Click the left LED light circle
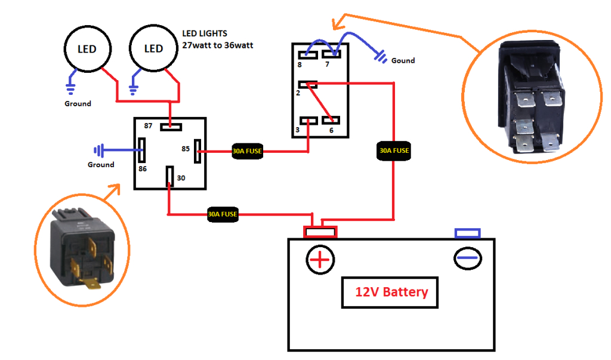point(87,49)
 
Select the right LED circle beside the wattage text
point(153,49)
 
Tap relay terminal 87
point(171,126)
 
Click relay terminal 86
point(142,150)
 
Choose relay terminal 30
point(169,176)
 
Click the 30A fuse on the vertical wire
point(394,151)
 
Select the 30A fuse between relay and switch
point(247,152)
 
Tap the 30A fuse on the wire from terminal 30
point(223,214)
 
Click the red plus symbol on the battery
point(320,259)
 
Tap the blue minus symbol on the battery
point(468,258)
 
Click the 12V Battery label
point(391,293)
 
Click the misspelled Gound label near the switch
point(403,60)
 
